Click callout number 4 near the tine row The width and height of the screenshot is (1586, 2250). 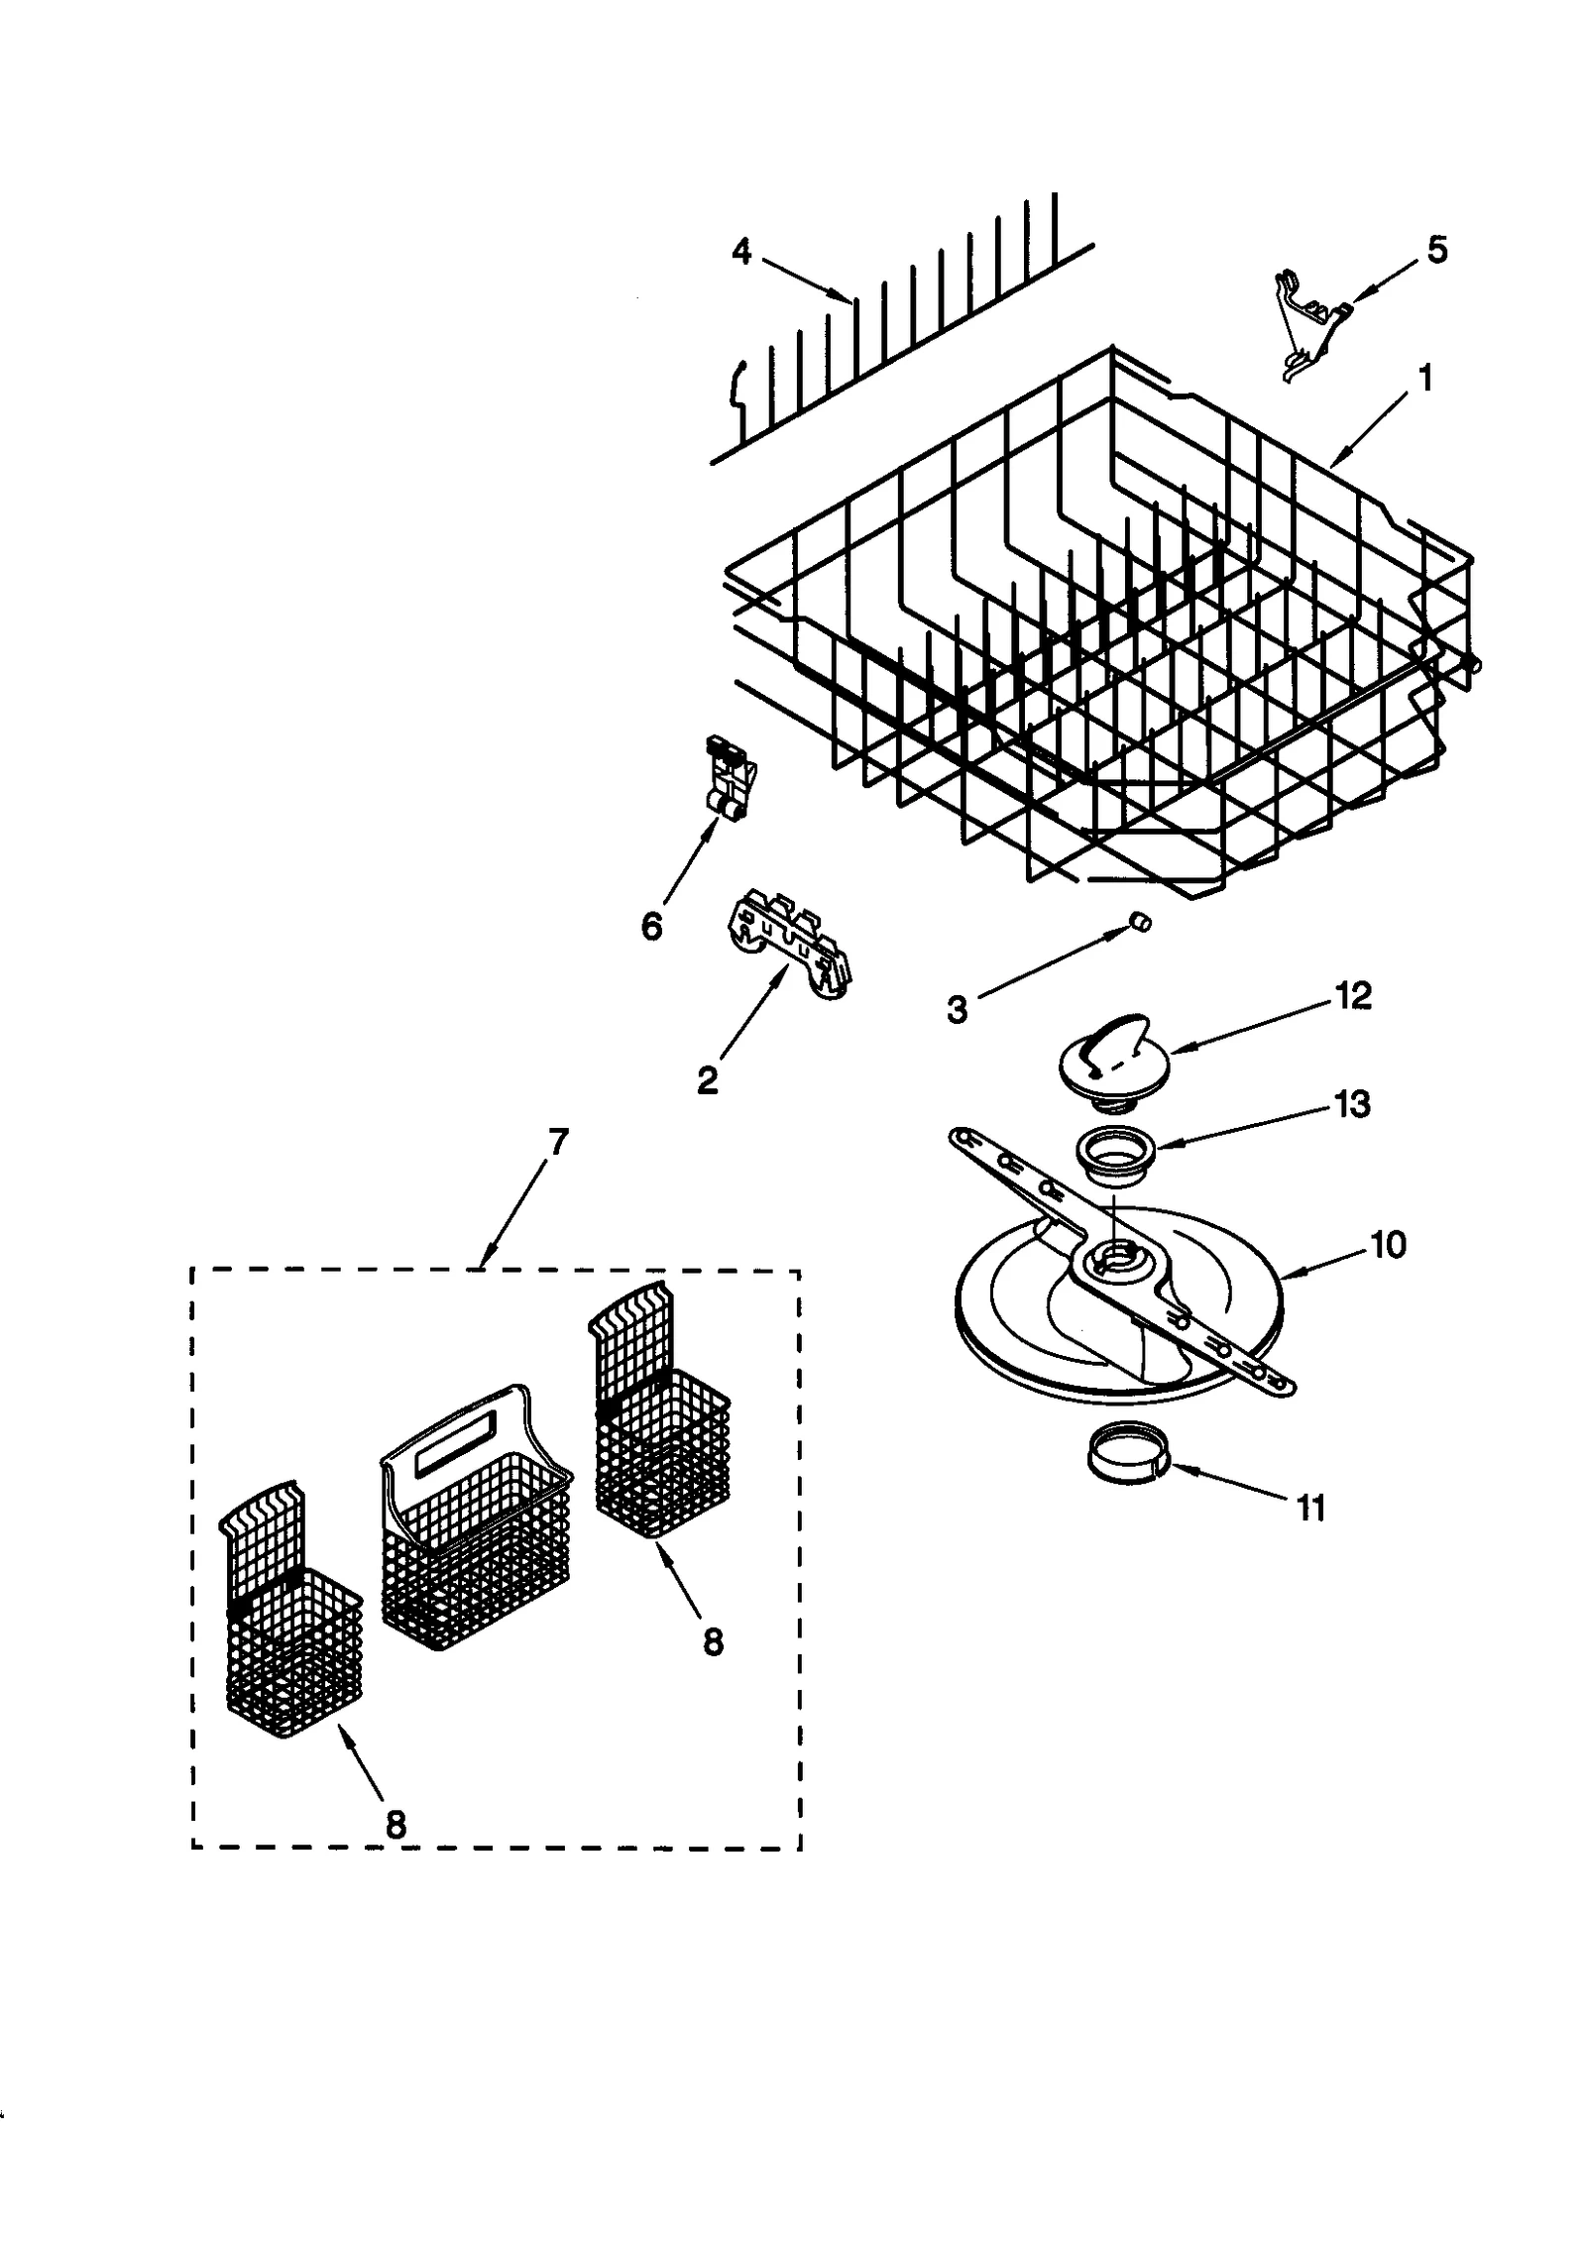pos(741,253)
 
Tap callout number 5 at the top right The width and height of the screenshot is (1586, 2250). pos(1436,249)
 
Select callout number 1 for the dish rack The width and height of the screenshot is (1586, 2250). pos(1424,378)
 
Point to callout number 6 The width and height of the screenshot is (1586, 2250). pos(651,927)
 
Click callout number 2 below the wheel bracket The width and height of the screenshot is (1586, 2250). pos(707,1079)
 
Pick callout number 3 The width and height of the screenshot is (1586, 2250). pos(957,1010)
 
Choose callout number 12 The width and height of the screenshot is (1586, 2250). pos(1354,995)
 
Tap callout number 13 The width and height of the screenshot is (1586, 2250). pos(1352,1103)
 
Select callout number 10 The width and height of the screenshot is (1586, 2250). pos(1388,1244)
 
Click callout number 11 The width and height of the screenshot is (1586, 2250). pos(1310,1509)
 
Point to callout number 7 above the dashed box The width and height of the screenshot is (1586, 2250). pos(558,1143)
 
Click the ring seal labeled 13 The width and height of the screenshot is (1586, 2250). pos(1115,1158)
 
